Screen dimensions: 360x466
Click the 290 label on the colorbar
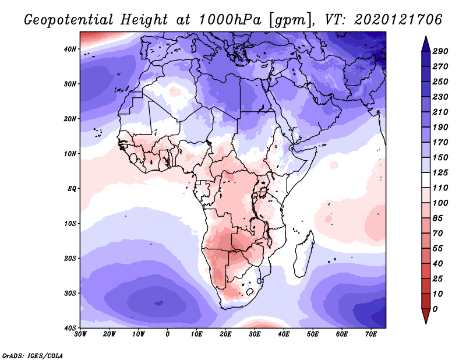440,52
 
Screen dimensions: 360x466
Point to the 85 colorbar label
438,218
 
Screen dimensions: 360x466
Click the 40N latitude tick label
70,48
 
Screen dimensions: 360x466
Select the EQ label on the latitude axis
72,188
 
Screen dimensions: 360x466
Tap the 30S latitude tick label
70,292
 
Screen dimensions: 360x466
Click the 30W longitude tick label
80,334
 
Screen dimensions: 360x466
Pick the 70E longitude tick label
370,334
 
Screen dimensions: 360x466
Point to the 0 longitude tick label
168,334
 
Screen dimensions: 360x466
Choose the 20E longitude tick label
225,334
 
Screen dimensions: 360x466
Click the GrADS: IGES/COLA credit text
32,354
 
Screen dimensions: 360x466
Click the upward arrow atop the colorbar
425,42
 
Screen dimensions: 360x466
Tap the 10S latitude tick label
70,223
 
